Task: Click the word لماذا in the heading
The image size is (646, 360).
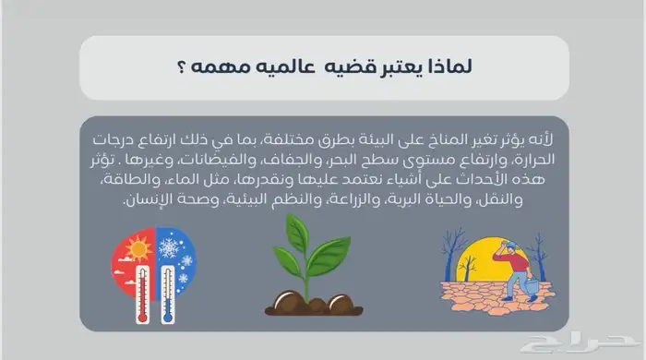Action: point(453,67)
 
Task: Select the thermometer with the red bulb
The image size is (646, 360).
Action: point(142,294)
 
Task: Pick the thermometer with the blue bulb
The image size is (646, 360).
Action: point(167,294)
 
